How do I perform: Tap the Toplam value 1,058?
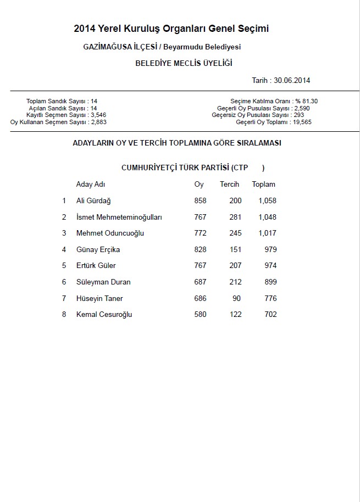pyautogui.click(x=267, y=201)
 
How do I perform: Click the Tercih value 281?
pyautogui.click(x=235, y=217)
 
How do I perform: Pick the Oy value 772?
pyautogui.click(x=200, y=233)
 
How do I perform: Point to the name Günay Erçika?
pyautogui.click(x=98, y=250)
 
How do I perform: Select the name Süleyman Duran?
pyautogui.click(x=103, y=282)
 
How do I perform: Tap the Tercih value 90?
pyautogui.click(x=237, y=299)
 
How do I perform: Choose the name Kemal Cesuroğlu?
pyautogui.click(x=104, y=315)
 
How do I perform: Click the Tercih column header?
pyautogui.click(x=229, y=185)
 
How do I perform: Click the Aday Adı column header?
pyautogui.click(x=91, y=185)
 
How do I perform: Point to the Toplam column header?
pyautogui.click(x=263, y=185)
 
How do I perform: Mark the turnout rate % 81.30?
pyautogui.click(x=306, y=101)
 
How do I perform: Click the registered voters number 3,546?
pyautogui.click(x=98, y=115)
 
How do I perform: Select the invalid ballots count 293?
pyautogui.click(x=298, y=115)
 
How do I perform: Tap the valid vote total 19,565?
pyautogui.click(x=302, y=122)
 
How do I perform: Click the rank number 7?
pyautogui.click(x=64, y=299)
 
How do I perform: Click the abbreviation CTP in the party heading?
pyautogui.click(x=241, y=168)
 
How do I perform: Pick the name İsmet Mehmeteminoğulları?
pyautogui.click(x=119, y=217)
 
